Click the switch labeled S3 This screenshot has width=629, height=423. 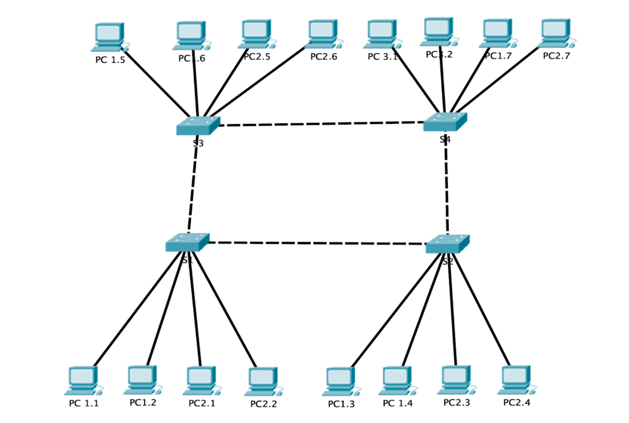198,126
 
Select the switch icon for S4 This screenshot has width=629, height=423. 445,122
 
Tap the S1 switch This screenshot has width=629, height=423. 187,243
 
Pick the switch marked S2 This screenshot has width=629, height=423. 447,244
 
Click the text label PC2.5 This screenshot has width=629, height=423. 257,57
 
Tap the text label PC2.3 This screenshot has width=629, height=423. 456,402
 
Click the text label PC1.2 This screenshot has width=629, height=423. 143,402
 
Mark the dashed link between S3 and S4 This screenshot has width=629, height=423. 322,124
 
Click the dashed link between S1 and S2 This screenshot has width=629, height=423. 317,243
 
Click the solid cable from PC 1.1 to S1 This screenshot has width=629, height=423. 137,311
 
